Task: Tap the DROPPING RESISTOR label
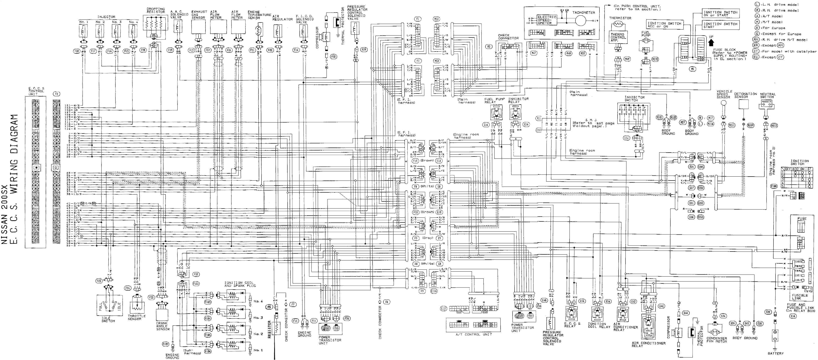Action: [156, 10]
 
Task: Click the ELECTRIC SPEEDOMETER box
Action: [547, 20]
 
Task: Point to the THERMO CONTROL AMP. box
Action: [618, 37]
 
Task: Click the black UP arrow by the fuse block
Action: [711, 42]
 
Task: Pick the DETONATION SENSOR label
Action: [745, 95]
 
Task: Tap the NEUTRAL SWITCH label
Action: [767, 95]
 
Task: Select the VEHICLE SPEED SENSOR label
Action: [724, 94]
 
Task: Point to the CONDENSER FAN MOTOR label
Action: [717, 340]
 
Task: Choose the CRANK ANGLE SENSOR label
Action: [162, 326]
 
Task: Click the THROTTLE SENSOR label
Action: [136, 318]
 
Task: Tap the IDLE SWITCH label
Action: [108, 319]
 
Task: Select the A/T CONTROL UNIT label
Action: [474, 334]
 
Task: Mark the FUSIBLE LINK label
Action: [800, 297]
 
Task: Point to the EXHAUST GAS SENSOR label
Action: [199, 15]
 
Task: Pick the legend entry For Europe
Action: [774, 28]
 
